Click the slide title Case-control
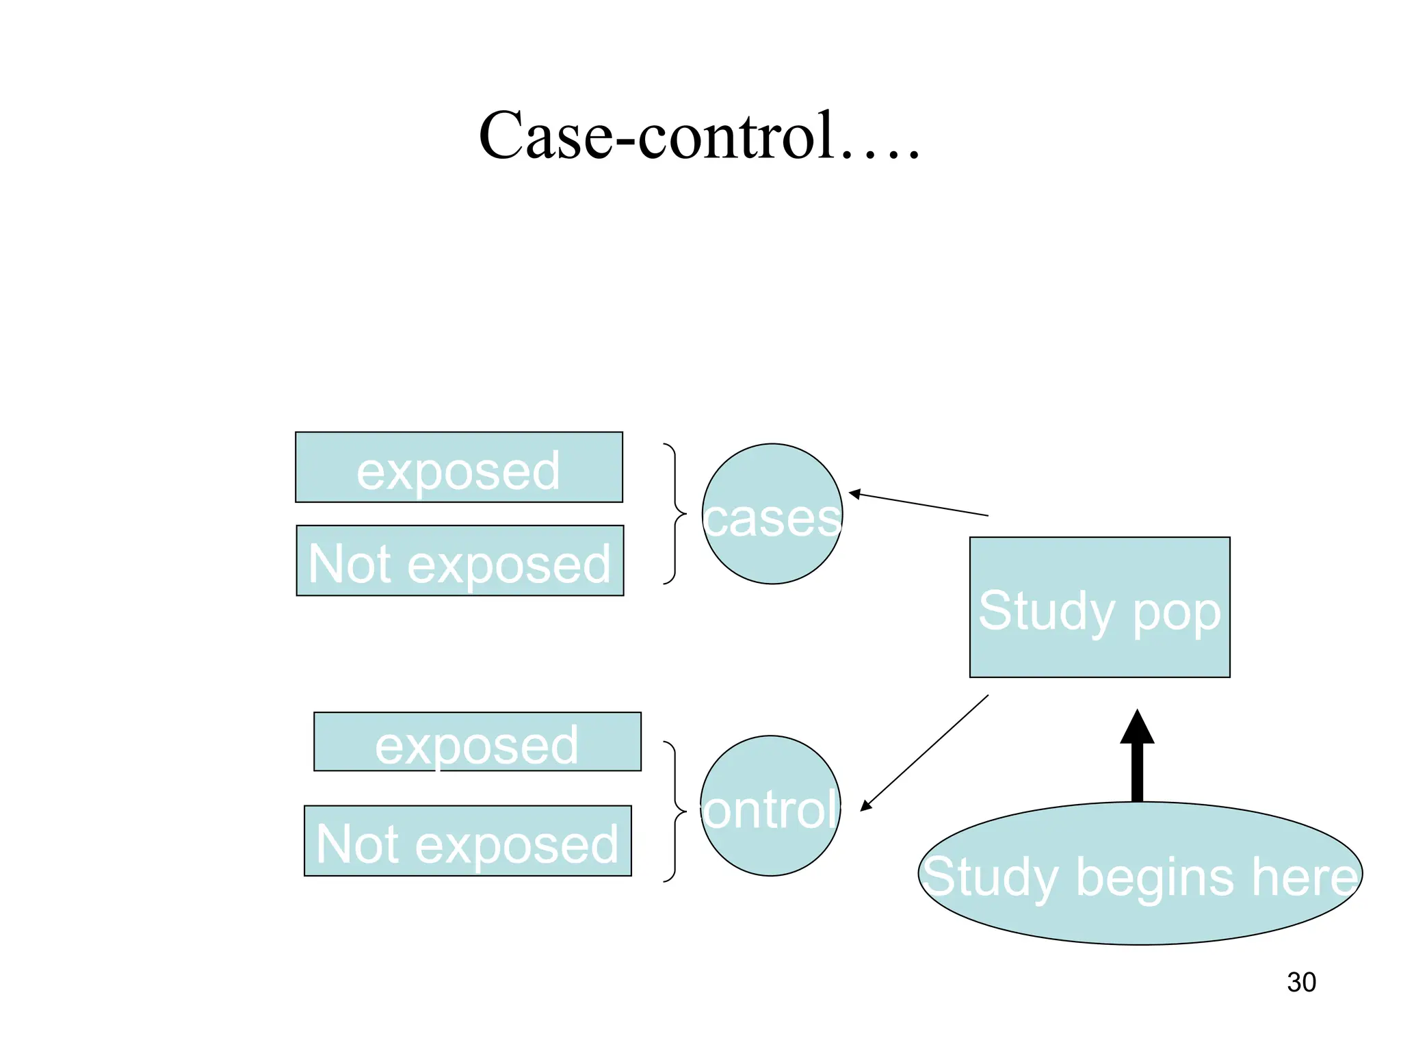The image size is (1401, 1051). click(x=699, y=135)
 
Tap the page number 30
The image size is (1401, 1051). click(x=1301, y=982)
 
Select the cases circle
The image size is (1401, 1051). click(x=772, y=514)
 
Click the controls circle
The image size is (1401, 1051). click(x=770, y=806)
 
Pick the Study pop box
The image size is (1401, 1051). click(x=1099, y=607)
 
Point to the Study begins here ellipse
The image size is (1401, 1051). click(x=1140, y=874)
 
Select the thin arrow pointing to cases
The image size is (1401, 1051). click(x=918, y=504)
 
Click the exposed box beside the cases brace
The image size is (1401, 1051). click(x=458, y=467)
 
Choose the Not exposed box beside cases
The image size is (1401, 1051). click(x=460, y=561)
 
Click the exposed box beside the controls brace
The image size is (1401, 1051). click(x=477, y=742)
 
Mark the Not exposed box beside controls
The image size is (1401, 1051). click(x=467, y=841)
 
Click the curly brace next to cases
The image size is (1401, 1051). click(x=675, y=514)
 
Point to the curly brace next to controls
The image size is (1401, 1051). click(x=675, y=812)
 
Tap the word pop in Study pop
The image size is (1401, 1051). click(x=1177, y=611)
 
